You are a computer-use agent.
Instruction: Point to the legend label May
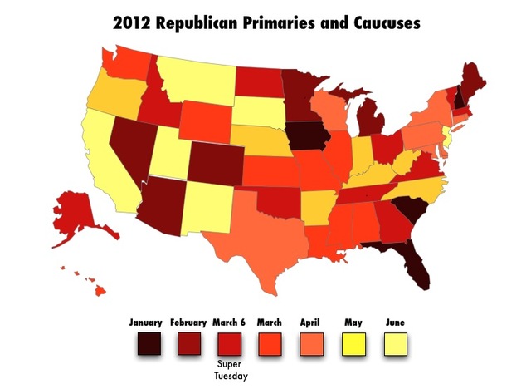(353, 322)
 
